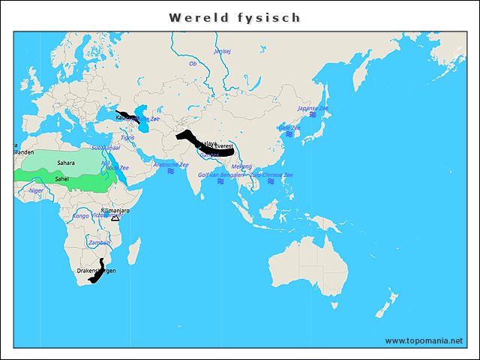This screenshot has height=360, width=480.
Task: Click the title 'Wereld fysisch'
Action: (x=235, y=16)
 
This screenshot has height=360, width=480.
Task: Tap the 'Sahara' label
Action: (x=66, y=163)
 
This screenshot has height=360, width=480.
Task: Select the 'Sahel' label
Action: (x=62, y=178)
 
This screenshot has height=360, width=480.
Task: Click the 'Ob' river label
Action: (x=193, y=64)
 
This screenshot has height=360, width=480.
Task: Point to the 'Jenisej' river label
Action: (x=223, y=52)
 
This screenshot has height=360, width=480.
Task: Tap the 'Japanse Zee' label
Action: (x=313, y=108)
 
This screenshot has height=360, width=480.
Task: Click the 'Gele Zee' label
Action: (x=289, y=128)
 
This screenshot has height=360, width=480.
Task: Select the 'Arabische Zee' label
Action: (x=171, y=164)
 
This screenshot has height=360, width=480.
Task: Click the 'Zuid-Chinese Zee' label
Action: (x=271, y=175)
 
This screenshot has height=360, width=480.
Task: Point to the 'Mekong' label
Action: (x=241, y=166)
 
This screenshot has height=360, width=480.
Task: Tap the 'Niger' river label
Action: (x=36, y=190)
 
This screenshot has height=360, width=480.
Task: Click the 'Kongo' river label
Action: (x=80, y=216)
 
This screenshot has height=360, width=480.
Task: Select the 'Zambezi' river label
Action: (x=99, y=242)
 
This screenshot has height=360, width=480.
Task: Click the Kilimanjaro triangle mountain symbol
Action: (x=115, y=217)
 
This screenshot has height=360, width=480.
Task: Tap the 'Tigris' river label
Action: (x=127, y=138)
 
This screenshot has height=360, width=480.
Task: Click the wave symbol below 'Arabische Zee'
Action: (x=171, y=172)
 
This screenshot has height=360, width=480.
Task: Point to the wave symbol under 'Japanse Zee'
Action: (x=313, y=115)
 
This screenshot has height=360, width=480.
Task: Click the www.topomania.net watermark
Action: (x=424, y=340)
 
